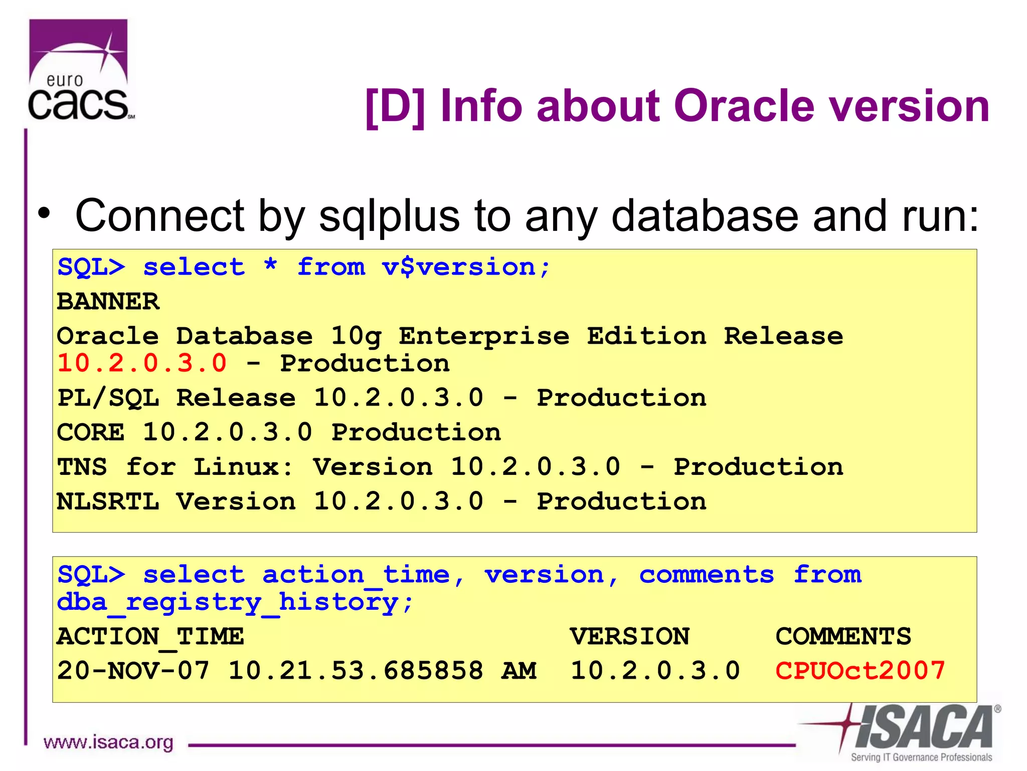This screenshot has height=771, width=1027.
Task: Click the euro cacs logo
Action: (79, 70)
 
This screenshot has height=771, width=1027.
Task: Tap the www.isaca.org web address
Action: (108, 742)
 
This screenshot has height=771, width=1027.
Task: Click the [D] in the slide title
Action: (395, 106)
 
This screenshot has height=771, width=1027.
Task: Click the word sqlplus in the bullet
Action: (389, 216)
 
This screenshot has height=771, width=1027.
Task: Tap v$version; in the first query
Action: (466, 267)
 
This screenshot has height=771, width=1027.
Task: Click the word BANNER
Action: (108, 302)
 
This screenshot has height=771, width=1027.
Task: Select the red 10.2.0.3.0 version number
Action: (142, 363)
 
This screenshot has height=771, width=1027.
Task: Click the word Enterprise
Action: (484, 336)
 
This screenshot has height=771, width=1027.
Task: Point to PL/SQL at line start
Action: (108, 398)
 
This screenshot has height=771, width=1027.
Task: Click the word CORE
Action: (91, 432)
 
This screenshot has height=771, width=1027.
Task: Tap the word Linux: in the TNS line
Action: (244, 467)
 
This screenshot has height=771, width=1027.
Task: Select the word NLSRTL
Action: (108, 501)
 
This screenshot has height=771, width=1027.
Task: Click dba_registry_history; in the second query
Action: (235, 602)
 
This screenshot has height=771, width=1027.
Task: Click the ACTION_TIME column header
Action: (150, 636)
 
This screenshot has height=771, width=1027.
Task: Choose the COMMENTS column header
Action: (843, 636)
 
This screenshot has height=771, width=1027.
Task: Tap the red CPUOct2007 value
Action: (860, 671)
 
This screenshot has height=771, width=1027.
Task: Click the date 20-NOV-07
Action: (133, 671)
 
